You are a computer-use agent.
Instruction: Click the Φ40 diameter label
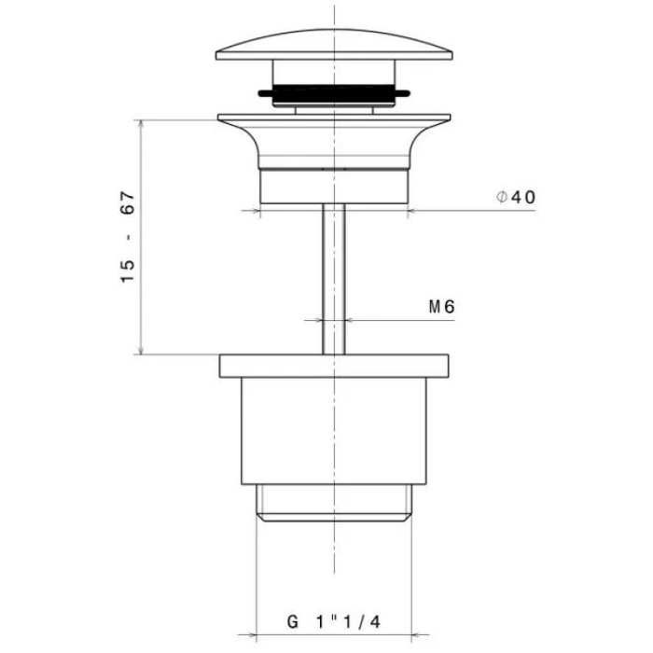[516, 197]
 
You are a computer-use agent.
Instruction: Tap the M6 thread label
[442, 307]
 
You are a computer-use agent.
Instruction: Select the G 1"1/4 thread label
[334, 622]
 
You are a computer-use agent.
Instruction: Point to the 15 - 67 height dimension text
[128, 237]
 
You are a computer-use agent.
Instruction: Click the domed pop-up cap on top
[334, 45]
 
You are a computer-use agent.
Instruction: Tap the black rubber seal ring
[334, 93]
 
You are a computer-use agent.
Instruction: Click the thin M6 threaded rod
[334, 279]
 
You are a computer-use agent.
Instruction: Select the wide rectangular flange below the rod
[334, 366]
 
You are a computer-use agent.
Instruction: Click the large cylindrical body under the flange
[334, 431]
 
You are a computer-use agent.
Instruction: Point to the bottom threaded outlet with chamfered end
[334, 503]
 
